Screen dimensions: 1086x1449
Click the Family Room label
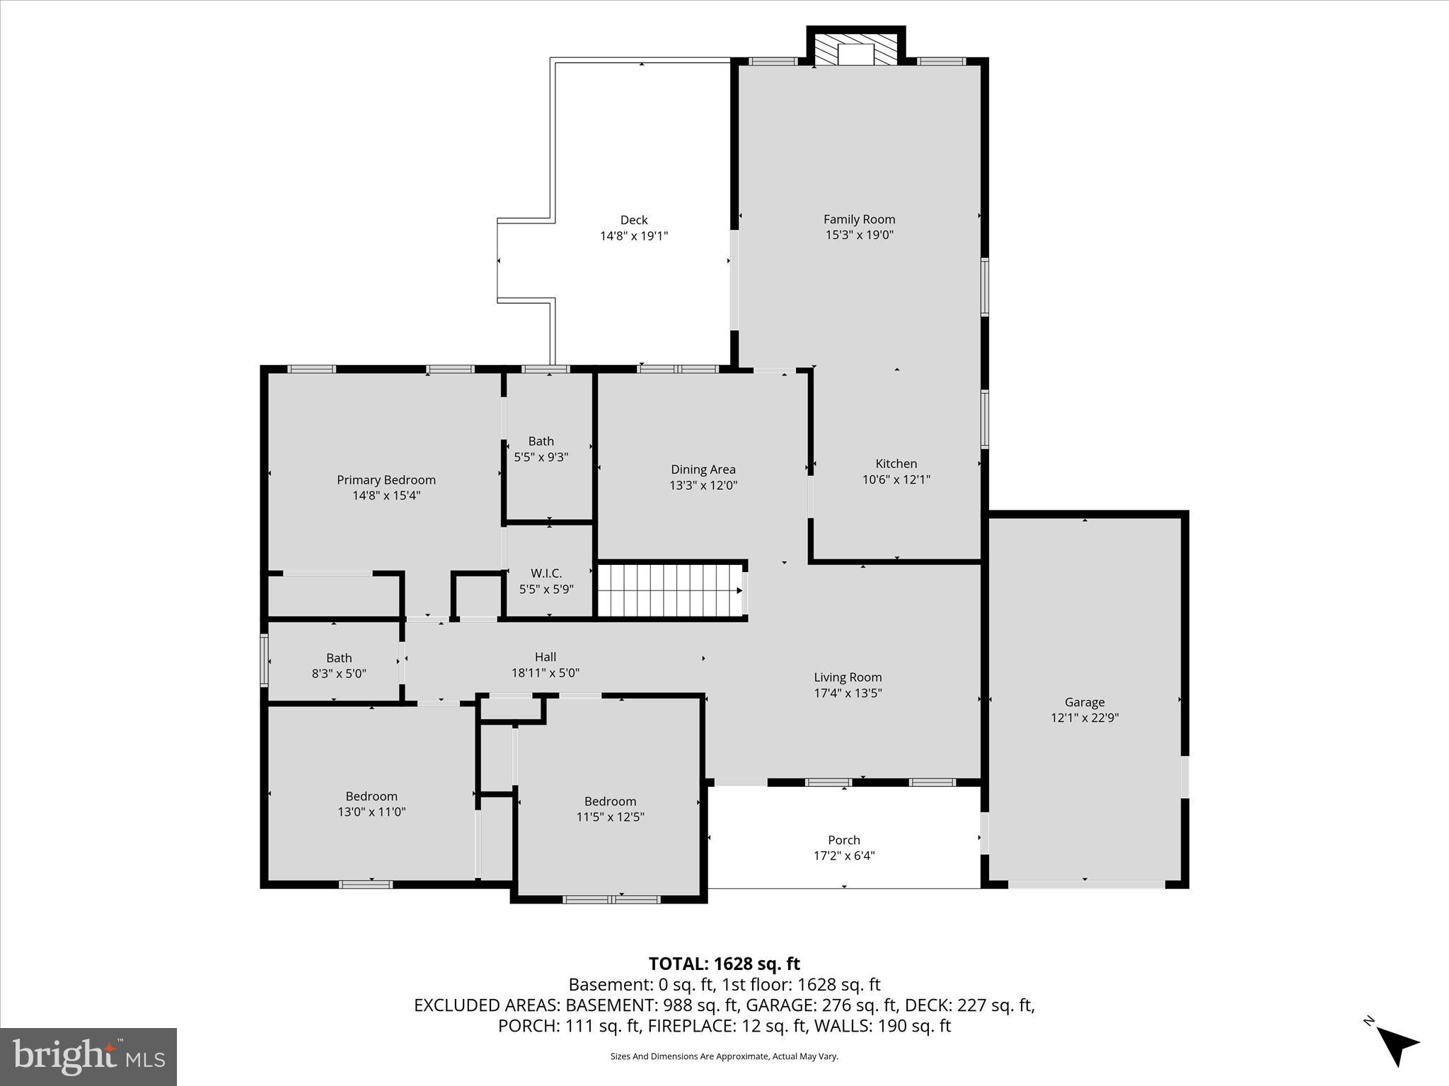(x=859, y=219)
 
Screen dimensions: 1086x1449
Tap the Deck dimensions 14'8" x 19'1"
(x=634, y=236)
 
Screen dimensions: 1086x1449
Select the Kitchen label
(x=896, y=464)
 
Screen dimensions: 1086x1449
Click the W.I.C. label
(x=546, y=573)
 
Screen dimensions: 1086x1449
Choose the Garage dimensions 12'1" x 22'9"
(x=1084, y=718)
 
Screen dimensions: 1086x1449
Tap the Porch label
(x=843, y=840)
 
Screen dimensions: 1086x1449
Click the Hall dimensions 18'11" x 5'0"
(x=545, y=673)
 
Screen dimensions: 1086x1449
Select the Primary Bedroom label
(x=386, y=480)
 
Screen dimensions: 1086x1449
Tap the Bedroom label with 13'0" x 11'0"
(x=371, y=796)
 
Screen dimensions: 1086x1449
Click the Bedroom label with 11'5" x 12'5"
(x=610, y=801)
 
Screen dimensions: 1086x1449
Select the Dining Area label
(x=703, y=469)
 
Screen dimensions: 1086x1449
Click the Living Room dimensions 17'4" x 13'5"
(x=848, y=694)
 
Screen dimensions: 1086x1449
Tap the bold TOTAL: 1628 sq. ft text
(x=724, y=964)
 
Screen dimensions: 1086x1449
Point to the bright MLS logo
(x=88, y=1056)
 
